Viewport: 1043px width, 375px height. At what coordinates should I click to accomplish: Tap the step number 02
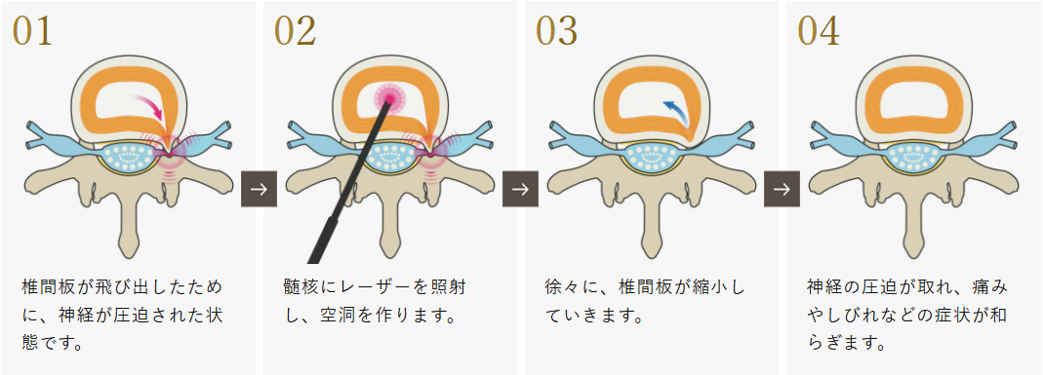(295, 31)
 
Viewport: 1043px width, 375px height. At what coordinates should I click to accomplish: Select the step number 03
(557, 31)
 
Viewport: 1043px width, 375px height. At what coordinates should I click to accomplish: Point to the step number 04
(819, 31)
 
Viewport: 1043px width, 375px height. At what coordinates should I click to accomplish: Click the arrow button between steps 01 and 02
(259, 189)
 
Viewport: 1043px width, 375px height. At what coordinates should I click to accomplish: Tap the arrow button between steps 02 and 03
(521, 189)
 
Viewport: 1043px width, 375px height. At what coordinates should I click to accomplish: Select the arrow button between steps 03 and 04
(782, 189)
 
